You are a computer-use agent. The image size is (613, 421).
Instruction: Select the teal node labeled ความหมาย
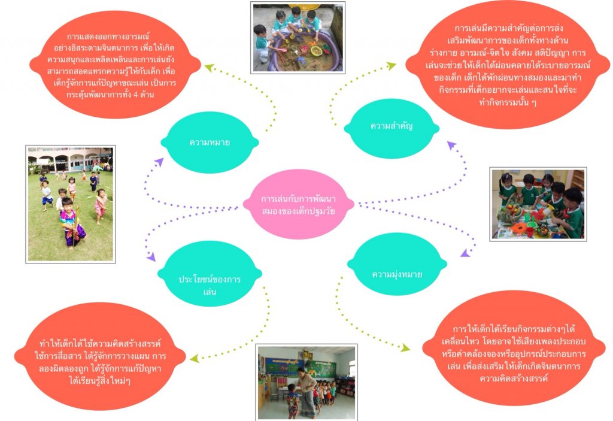[x=210, y=142]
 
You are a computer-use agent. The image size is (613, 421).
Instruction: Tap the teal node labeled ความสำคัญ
[x=392, y=126]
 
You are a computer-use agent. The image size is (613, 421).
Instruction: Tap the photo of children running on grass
[x=71, y=204]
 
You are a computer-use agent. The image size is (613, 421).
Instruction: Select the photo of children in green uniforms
[x=538, y=204]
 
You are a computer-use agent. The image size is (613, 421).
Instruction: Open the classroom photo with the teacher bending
[x=306, y=381]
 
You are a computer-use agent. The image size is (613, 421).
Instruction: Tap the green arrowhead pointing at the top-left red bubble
[x=209, y=68]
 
